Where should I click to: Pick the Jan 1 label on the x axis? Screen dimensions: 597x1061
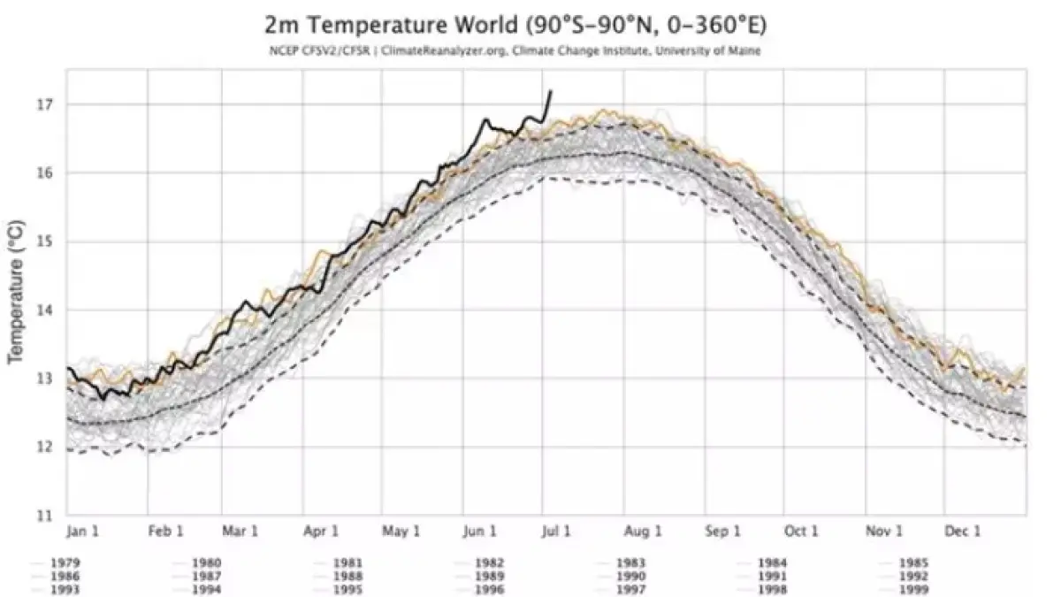click(x=82, y=532)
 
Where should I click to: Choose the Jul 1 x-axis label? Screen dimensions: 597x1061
click(x=557, y=532)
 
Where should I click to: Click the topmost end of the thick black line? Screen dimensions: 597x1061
click(x=551, y=90)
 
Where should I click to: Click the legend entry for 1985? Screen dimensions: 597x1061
click(x=913, y=563)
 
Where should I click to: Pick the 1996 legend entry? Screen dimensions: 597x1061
click(x=489, y=589)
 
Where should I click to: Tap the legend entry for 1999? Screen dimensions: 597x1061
click(x=913, y=589)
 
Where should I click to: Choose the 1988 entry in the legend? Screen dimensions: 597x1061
click(x=347, y=576)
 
